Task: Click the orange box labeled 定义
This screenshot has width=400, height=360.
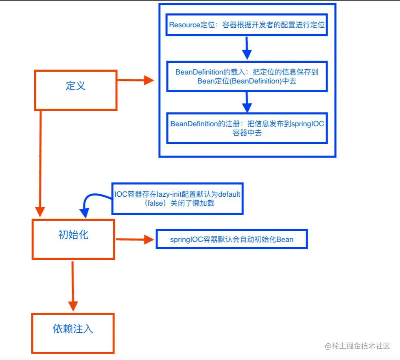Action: (x=76, y=90)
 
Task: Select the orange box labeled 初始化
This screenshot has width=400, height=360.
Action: (x=73, y=239)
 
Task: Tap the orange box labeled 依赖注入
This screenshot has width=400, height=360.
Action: (x=73, y=333)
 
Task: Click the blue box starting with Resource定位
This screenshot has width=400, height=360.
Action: (x=247, y=24)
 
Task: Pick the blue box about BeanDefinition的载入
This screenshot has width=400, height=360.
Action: (x=247, y=76)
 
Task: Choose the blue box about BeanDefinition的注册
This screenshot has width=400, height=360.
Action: (x=247, y=128)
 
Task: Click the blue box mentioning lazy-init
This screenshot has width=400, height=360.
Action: (x=177, y=199)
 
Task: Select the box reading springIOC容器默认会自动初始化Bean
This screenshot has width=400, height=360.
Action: (x=232, y=239)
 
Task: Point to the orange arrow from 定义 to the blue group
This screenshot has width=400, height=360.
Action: (x=136, y=80)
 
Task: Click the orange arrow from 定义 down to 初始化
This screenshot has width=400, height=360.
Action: (x=40, y=163)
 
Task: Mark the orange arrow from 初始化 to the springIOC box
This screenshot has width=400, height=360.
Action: (x=134, y=239)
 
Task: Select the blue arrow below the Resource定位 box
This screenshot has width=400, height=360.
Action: (x=247, y=48)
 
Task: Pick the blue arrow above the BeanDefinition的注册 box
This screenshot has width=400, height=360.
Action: (x=247, y=101)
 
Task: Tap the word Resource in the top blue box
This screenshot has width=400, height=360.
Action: (x=184, y=24)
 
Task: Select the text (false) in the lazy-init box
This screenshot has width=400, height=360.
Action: (x=155, y=203)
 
